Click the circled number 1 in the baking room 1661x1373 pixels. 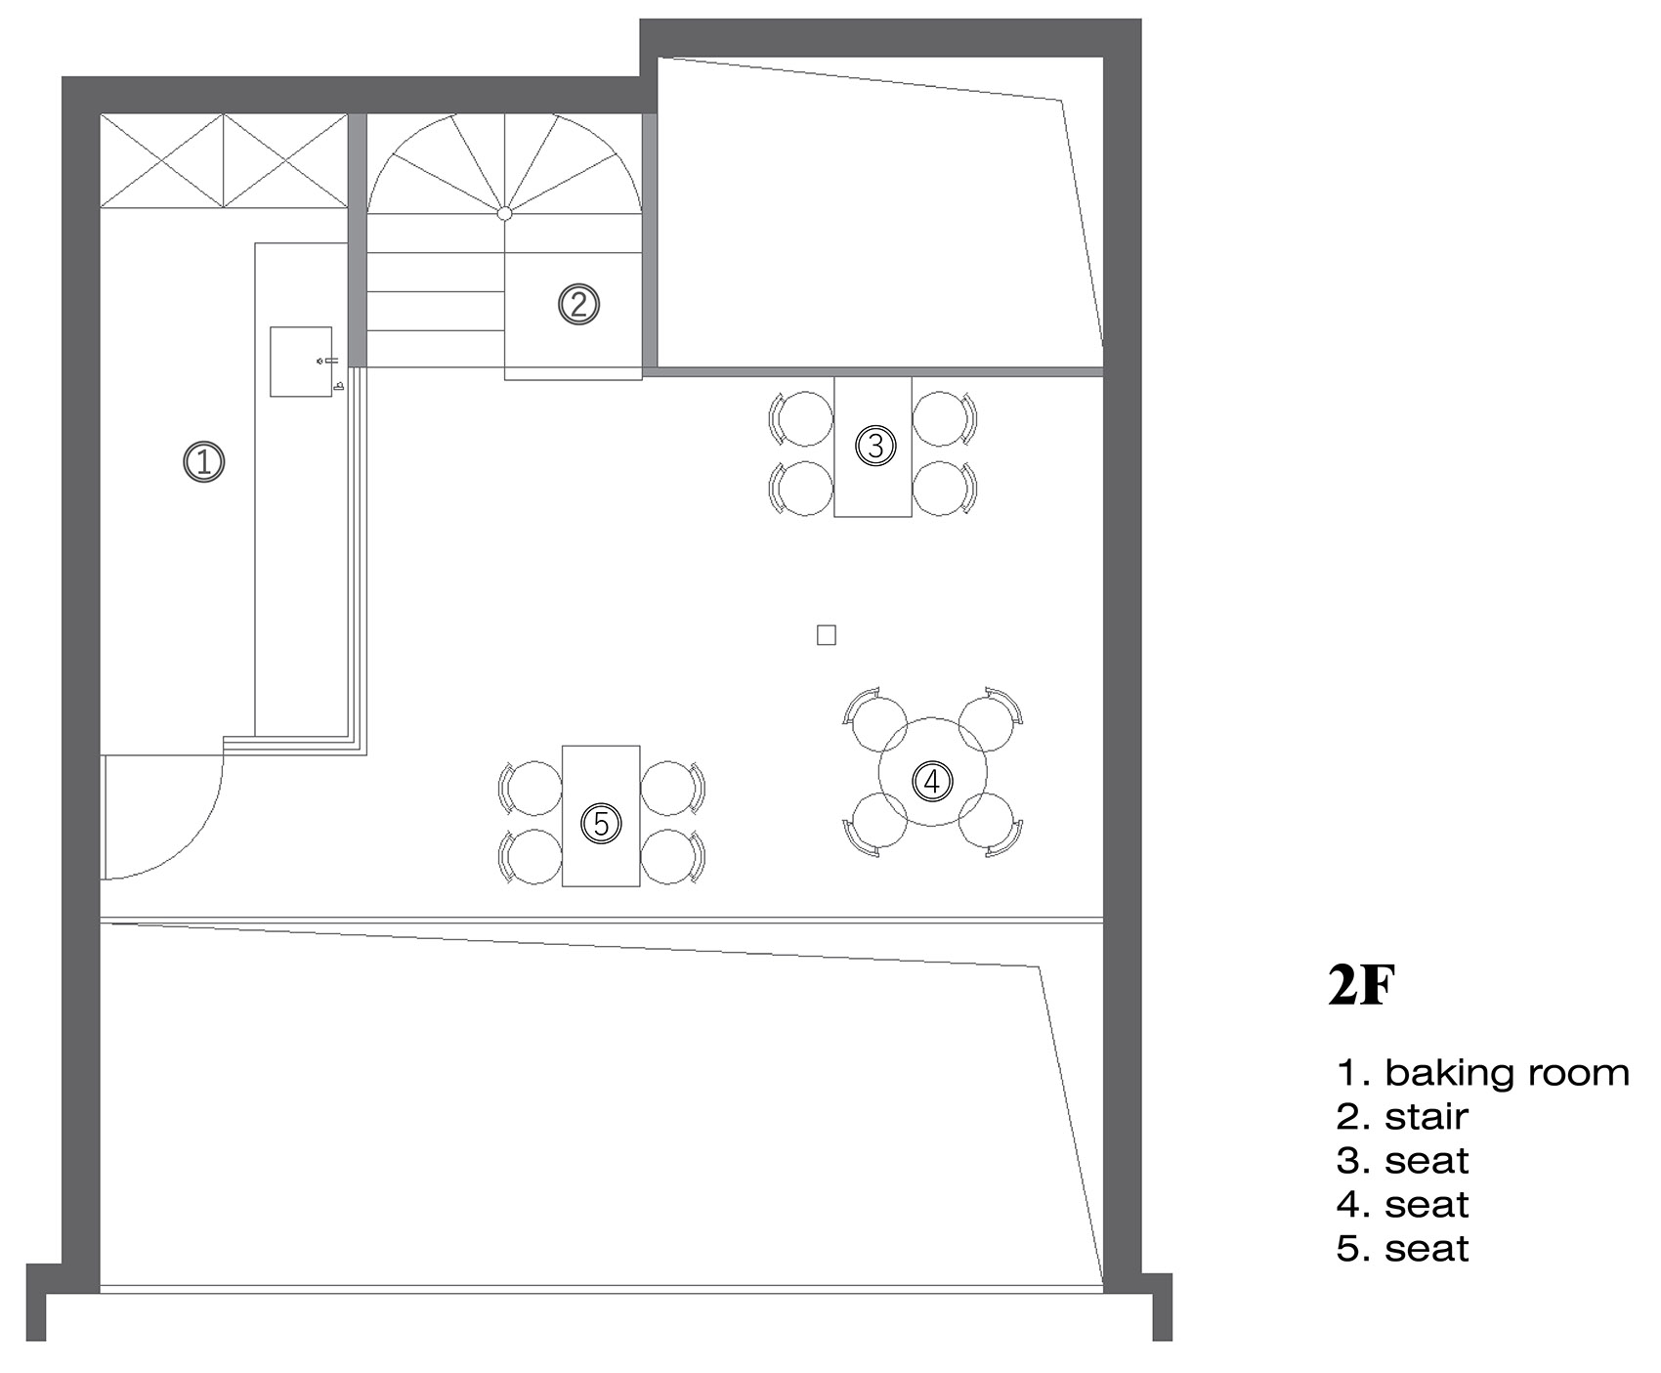point(204,461)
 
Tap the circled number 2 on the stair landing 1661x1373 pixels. point(578,304)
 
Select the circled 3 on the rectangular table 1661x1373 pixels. point(875,446)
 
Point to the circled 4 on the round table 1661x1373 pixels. point(932,781)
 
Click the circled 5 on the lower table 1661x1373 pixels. point(601,824)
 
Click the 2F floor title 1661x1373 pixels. point(1359,987)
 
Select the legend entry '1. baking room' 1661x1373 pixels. point(1482,1073)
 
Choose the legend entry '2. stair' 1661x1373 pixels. point(1402,1117)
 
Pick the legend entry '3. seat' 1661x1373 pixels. point(1402,1161)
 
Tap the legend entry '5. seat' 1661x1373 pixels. point(1402,1249)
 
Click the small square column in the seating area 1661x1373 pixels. point(827,635)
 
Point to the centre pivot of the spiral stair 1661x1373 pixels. point(504,212)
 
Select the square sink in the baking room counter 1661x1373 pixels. point(301,362)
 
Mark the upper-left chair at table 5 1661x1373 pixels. point(532,788)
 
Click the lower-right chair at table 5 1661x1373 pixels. point(672,857)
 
